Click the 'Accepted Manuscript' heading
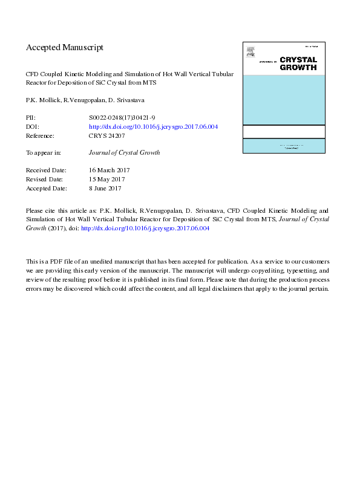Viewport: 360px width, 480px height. [65, 47]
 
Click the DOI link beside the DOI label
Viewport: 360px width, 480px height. [153, 127]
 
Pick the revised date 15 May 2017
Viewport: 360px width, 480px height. [106, 180]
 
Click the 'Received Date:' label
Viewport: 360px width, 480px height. [46, 170]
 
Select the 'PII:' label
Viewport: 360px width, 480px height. [31, 118]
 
